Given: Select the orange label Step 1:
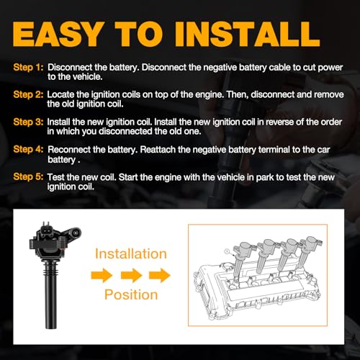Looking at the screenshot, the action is (x=28, y=68).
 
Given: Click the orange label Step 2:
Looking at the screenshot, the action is (x=28, y=94).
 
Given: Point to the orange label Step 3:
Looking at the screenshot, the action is (x=28, y=122).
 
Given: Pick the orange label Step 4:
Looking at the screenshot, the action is (x=28, y=149).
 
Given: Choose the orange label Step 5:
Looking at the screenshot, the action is (x=28, y=176).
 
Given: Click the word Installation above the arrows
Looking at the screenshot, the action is (x=131, y=254).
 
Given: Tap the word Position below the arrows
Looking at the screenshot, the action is (x=131, y=294).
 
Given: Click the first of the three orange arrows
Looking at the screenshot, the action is (x=102, y=275).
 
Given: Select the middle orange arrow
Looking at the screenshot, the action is (x=131, y=275).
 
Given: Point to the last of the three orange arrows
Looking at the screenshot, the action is (x=160, y=275).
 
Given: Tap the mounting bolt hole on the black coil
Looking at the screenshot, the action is (x=76, y=233).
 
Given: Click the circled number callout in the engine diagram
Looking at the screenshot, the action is (x=227, y=251).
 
